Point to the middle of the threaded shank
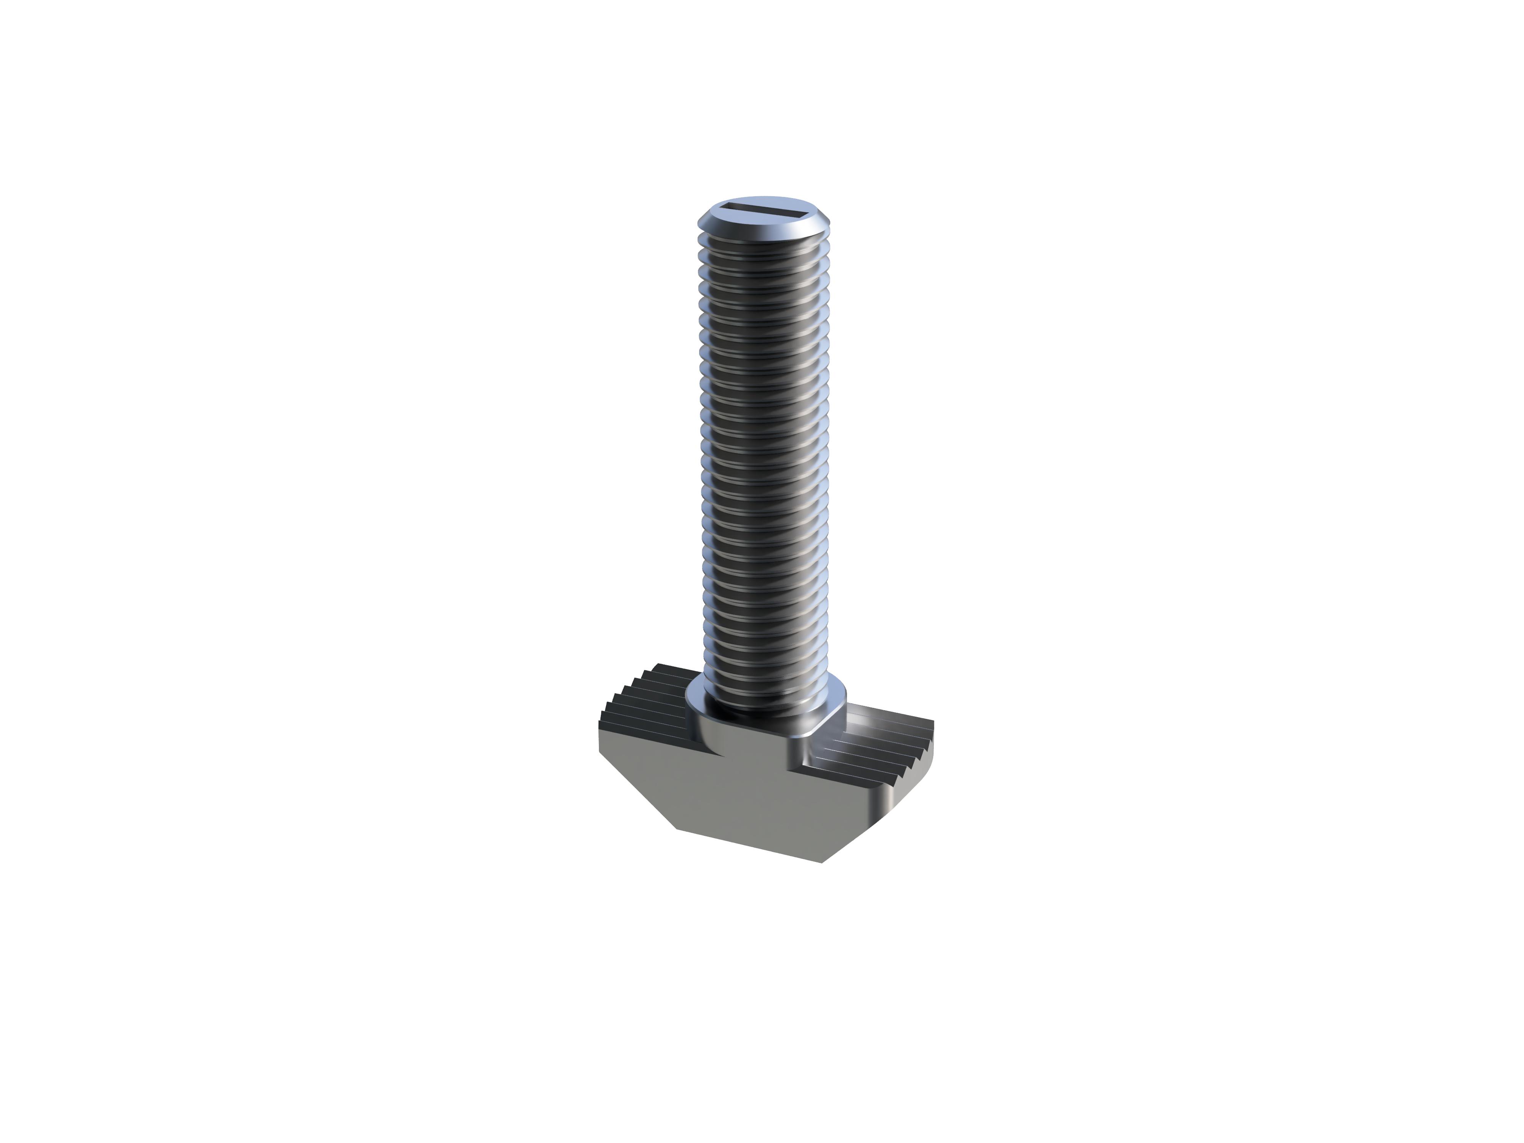tap(764, 455)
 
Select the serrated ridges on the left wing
tap(648, 696)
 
